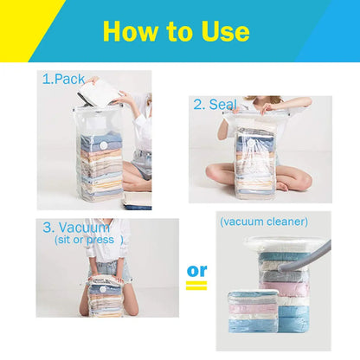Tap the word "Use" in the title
pyautogui.click(x=222, y=32)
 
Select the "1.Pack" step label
pyautogui.click(x=64, y=79)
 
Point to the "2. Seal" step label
pyautogui.click(x=215, y=105)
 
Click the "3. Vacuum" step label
pyautogui.click(x=76, y=228)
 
